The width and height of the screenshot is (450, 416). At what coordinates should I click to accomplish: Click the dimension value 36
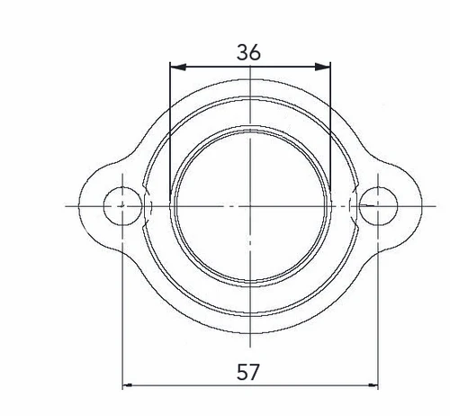click(249, 52)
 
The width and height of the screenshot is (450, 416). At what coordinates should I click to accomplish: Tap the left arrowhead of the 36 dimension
click(176, 67)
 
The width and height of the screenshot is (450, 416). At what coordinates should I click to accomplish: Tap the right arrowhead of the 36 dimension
click(324, 67)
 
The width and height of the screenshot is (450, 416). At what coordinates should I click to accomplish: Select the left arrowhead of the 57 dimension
click(127, 386)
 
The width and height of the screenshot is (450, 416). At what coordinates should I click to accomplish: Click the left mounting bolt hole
click(121, 206)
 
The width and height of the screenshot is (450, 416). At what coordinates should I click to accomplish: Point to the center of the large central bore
click(249, 206)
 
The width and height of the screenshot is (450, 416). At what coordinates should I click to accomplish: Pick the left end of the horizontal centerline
click(67, 206)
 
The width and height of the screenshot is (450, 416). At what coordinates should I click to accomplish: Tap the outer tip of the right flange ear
click(420, 206)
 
